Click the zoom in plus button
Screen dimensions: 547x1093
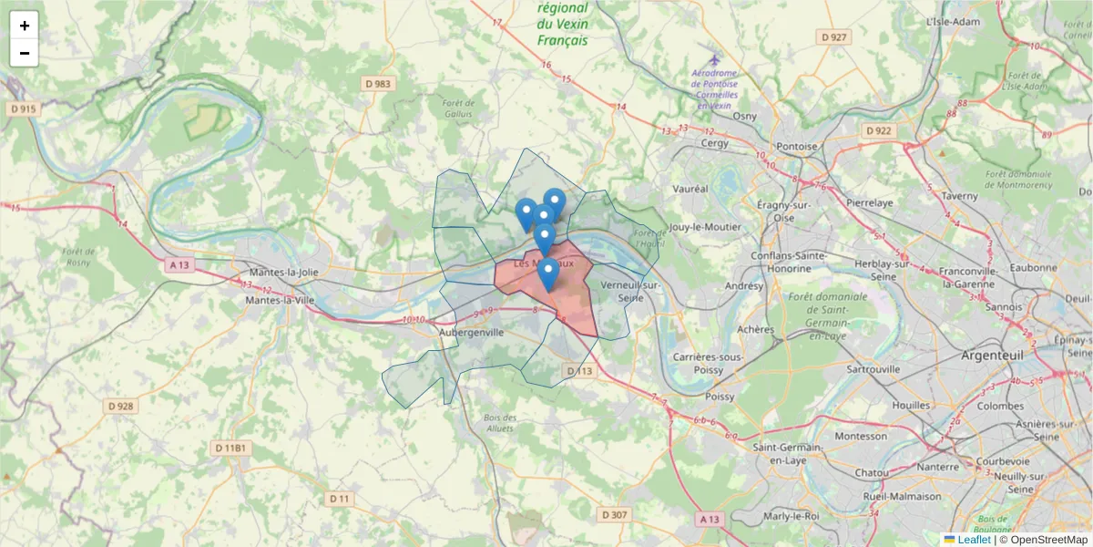coord(25,26)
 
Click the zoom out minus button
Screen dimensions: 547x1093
coord(25,53)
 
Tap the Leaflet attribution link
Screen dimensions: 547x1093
coord(974,540)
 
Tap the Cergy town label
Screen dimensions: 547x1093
coord(716,144)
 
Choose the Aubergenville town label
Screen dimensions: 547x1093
coord(472,333)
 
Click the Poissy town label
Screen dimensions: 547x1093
coord(720,397)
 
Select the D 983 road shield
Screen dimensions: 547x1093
coord(377,84)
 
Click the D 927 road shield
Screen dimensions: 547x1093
coord(833,37)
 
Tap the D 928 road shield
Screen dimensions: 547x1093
coord(120,406)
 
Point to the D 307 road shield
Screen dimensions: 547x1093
coord(615,515)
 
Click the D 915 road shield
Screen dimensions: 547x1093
coord(24,108)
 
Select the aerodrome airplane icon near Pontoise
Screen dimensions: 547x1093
coord(714,60)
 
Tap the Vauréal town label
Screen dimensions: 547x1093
coord(689,189)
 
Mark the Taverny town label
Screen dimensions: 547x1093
coord(960,195)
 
